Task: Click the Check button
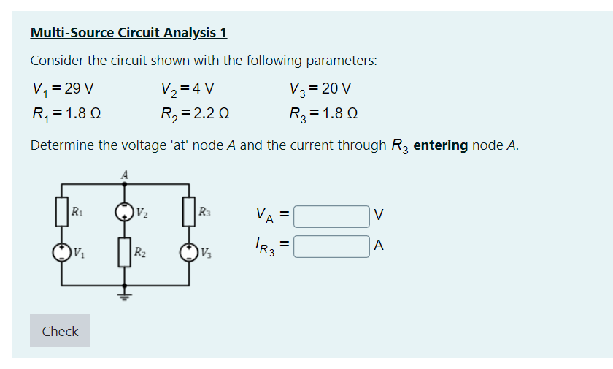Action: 60,331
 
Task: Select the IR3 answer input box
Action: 332,247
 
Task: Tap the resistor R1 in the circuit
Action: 62,213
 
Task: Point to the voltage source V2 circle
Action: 126,213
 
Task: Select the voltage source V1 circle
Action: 62,253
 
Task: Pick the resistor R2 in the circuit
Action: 126,253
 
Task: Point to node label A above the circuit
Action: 125,175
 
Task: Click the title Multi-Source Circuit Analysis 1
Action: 128,33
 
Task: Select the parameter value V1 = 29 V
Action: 63,89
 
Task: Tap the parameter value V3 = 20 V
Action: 320,89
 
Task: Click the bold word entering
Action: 440,145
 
